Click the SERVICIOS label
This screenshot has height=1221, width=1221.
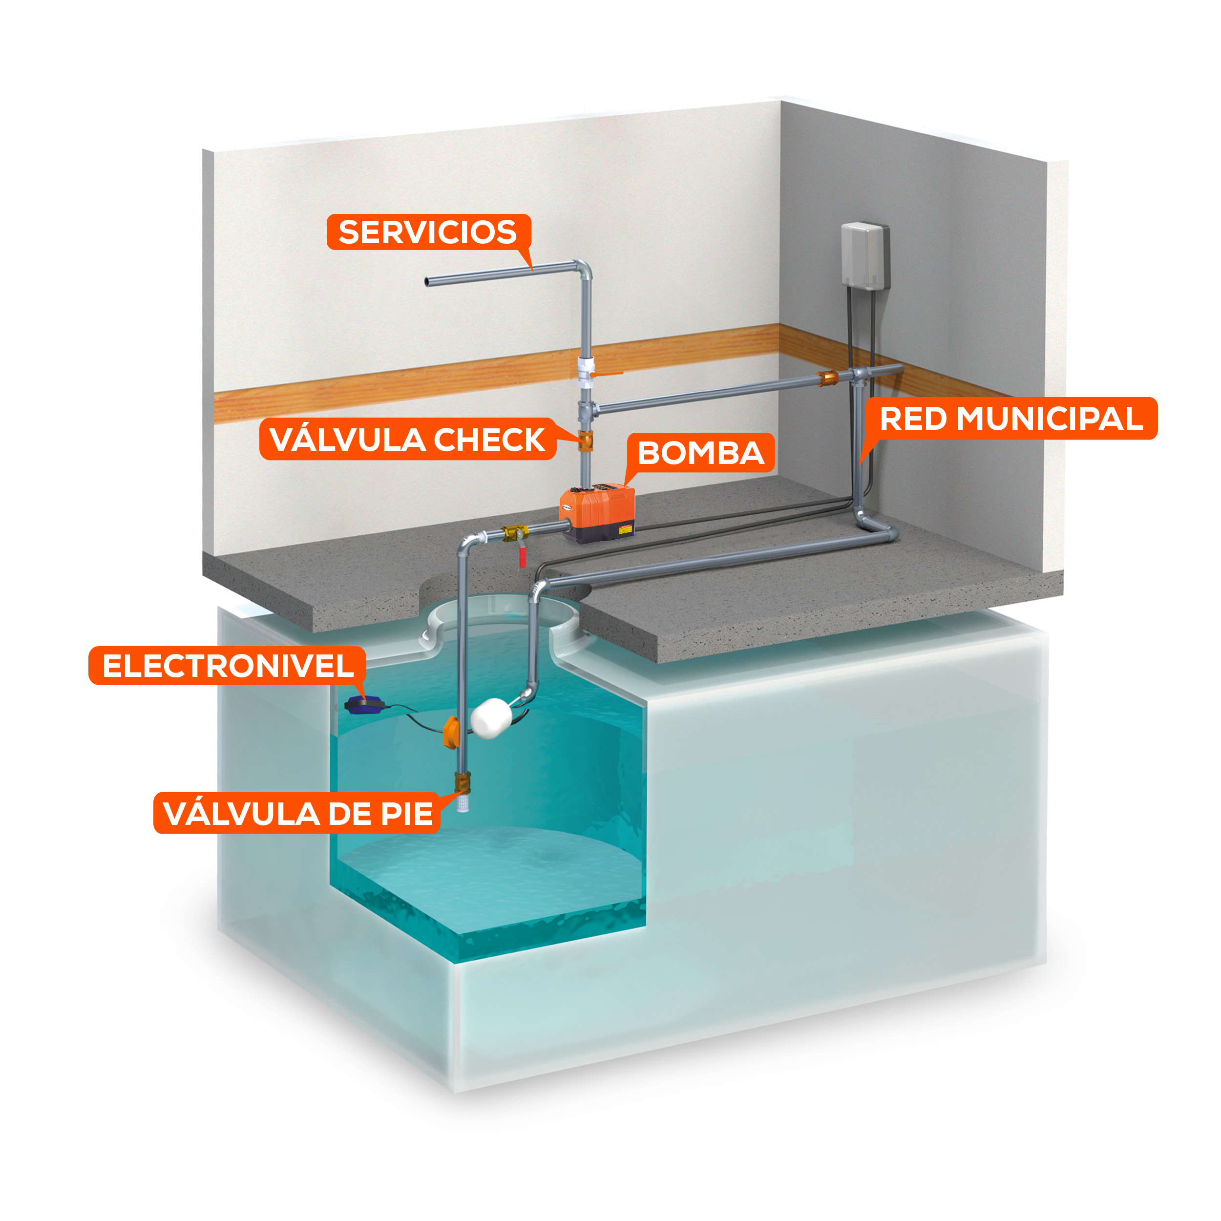428,232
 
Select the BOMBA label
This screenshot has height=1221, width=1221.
701,453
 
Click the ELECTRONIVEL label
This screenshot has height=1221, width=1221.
228,666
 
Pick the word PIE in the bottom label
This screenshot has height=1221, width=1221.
406,813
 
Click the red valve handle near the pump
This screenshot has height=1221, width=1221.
523,557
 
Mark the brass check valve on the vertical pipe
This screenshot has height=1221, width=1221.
586,440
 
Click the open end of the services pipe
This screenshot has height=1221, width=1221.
428,282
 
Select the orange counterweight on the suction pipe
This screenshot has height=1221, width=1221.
451,731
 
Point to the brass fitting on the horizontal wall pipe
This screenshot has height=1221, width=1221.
828,379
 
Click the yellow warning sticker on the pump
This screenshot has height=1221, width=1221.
625,529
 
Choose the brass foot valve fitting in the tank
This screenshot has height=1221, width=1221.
463,782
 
